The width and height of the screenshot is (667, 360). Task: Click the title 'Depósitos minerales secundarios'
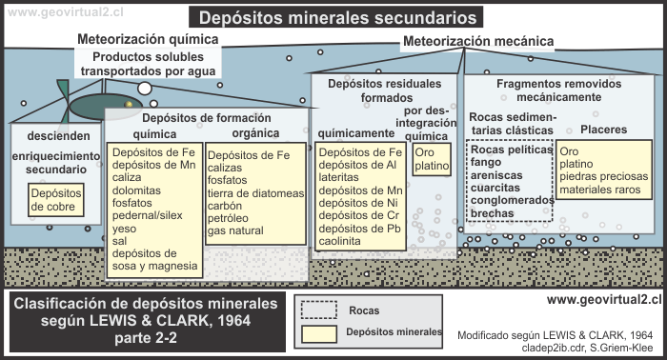(336, 17)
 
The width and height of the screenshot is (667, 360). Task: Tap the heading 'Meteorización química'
(148, 39)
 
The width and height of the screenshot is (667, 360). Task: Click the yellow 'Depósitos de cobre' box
(56, 199)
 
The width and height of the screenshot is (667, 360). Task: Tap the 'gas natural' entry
(238, 231)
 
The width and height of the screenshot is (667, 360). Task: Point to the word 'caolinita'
(340, 243)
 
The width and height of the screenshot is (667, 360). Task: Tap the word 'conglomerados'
(512, 200)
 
